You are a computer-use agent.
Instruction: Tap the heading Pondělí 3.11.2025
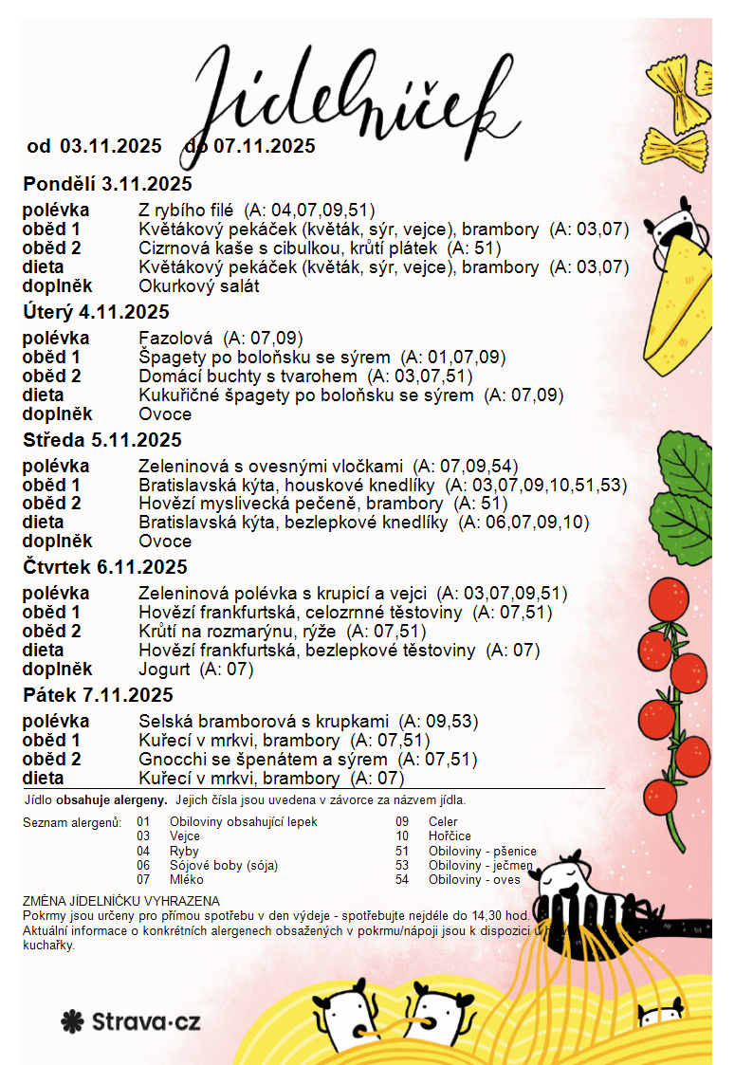point(107,184)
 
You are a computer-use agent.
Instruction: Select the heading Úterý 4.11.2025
point(96,312)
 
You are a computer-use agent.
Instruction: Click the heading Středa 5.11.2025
point(102,440)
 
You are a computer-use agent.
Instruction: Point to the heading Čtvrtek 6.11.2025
point(105,567)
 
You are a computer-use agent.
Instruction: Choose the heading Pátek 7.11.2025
point(98,696)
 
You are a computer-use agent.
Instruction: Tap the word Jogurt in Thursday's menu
point(164,670)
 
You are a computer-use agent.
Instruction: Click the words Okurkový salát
point(198,285)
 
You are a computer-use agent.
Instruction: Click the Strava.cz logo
point(131,1021)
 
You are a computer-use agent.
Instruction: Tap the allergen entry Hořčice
point(449,836)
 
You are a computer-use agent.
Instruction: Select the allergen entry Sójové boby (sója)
point(224,865)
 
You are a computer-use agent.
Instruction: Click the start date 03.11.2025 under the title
point(111,146)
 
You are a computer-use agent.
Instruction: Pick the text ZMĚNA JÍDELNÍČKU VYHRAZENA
point(120,901)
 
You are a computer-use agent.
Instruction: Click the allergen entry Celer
point(443,821)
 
